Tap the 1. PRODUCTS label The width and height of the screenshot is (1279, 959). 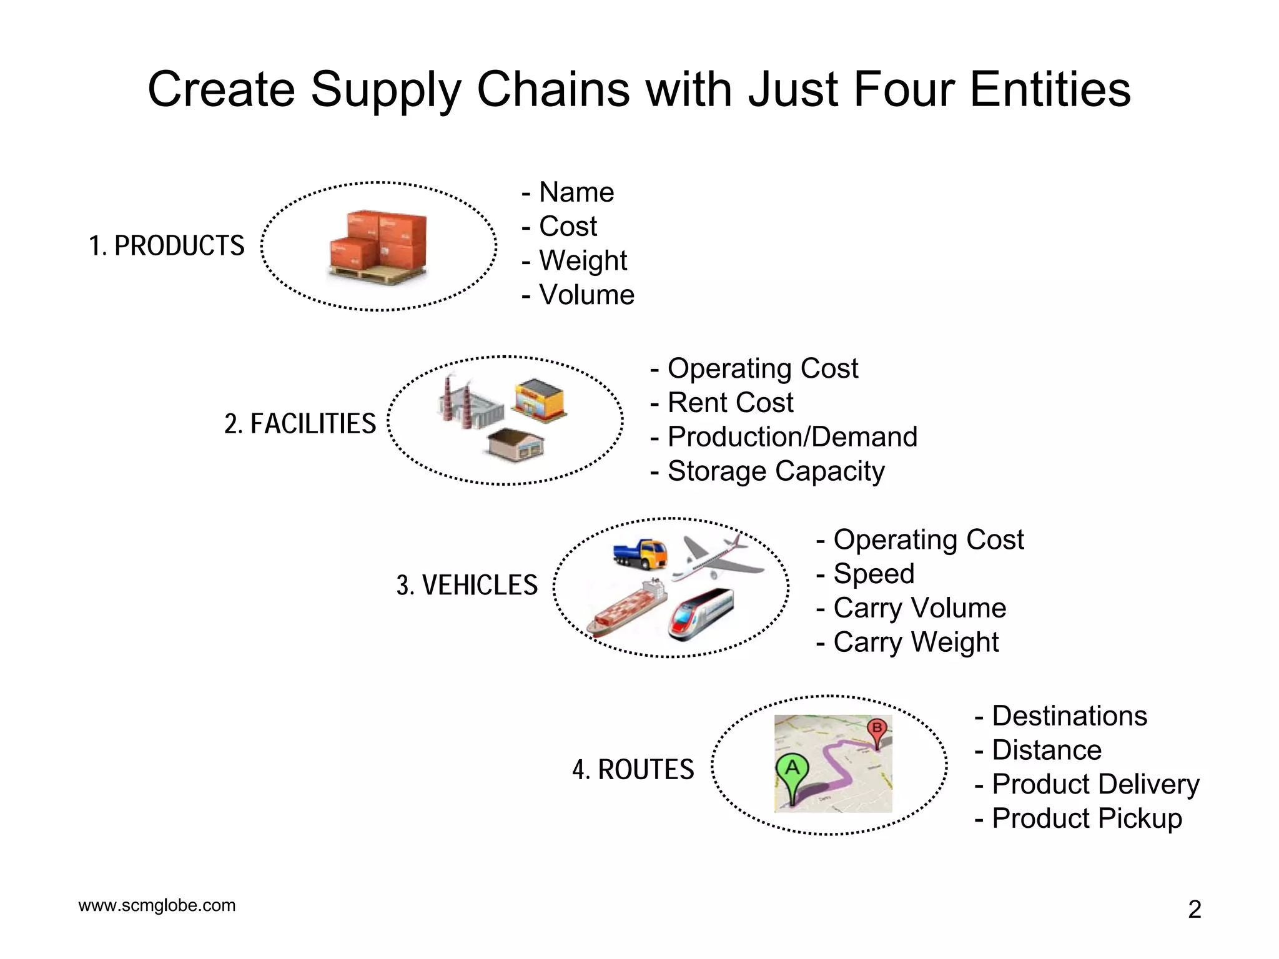(166, 246)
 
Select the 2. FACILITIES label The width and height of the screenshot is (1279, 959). (300, 424)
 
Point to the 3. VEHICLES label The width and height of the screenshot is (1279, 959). (467, 586)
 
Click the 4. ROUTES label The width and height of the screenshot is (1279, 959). (633, 770)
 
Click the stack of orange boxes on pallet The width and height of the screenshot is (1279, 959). (378, 247)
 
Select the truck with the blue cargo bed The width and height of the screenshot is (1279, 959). (641, 554)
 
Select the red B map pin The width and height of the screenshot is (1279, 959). (877, 732)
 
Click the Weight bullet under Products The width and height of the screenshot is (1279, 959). (575, 261)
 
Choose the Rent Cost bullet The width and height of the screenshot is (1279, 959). (721, 403)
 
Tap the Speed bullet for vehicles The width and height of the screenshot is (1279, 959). (865, 574)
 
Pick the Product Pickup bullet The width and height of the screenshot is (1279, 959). (1078, 819)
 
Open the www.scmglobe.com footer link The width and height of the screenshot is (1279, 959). (157, 906)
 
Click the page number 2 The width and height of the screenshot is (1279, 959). (1194, 910)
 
